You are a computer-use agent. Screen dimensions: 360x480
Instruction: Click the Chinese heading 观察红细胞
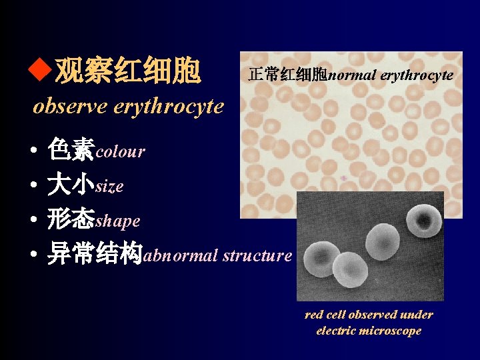[127, 71]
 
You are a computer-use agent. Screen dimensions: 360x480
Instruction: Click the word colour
[121, 152]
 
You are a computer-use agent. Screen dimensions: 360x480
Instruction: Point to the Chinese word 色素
[71, 151]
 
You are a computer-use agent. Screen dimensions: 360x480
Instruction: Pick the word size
[109, 187]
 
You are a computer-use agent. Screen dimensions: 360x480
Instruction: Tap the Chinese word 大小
[71, 185]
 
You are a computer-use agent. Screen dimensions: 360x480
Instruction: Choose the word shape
[118, 221]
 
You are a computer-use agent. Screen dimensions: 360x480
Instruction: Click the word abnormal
[181, 255]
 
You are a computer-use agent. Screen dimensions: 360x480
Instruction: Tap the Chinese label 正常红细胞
[287, 75]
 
